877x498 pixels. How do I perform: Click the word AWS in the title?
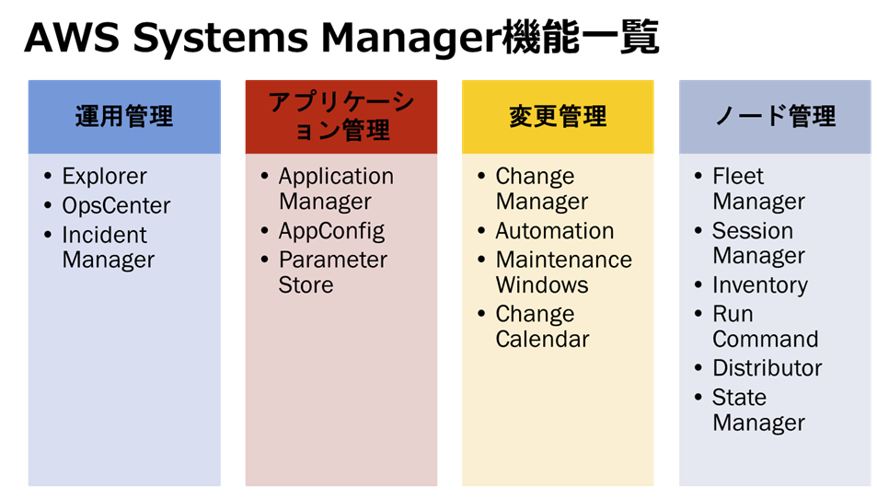point(72,38)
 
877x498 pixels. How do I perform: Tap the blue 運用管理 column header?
point(124,116)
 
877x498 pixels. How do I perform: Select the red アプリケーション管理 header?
point(341,116)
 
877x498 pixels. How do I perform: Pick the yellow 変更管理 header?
point(558,116)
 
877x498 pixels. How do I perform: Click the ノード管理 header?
point(775,116)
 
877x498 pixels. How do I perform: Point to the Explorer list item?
point(105,176)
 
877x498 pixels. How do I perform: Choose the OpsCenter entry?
point(116,206)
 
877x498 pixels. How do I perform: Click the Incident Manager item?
point(109,248)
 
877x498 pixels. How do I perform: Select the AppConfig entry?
point(331,231)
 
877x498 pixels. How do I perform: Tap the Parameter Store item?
point(333,272)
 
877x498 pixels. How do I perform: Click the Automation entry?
point(555,230)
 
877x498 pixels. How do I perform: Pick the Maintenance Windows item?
point(564,272)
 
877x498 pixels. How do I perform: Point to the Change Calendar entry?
point(543,327)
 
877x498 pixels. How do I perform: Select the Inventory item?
point(760,285)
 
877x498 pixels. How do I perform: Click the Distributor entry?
point(767,368)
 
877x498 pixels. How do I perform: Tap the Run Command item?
point(765,327)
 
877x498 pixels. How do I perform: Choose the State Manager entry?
point(758,411)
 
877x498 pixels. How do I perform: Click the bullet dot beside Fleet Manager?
point(698,176)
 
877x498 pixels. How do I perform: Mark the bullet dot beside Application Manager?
point(264,176)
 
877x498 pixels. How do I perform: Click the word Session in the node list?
point(753,230)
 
